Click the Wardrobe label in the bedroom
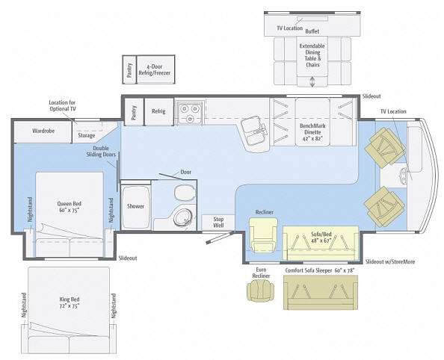click(x=43, y=131)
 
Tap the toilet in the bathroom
click(x=185, y=193)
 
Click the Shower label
click(x=135, y=206)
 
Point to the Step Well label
click(x=218, y=222)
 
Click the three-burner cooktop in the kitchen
click(x=189, y=112)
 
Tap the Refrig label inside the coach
click(x=158, y=111)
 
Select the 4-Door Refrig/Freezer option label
click(x=155, y=69)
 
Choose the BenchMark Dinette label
click(x=312, y=132)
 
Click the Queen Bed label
click(x=70, y=207)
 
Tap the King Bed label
click(x=70, y=302)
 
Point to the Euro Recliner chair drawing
click(x=261, y=291)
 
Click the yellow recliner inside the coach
click(x=263, y=235)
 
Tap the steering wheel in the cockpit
click(x=403, y=176)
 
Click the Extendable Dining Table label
click(x=312, y=55)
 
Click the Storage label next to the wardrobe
click(x=87, y=136)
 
